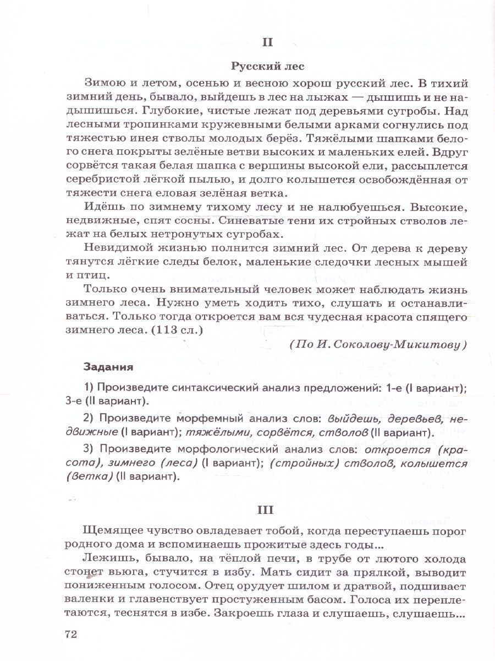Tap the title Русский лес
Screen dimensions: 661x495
[267, 66]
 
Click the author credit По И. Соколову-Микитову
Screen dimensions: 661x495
[377, 345]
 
